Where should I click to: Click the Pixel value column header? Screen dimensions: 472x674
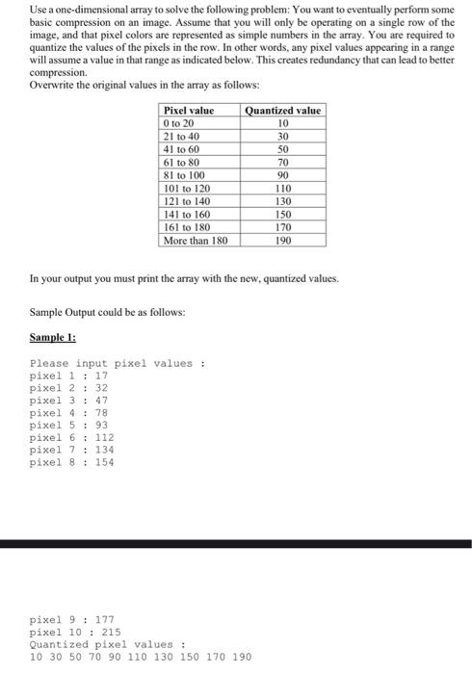coord(189,111)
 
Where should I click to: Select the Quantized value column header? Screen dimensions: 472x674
coord(283,111)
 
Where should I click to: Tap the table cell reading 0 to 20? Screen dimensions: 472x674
coord(179,124)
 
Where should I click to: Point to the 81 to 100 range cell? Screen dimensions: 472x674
coord(186,175)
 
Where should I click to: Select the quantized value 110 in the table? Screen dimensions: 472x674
coord(283,188)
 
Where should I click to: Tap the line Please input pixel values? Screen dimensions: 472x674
coord(118,363)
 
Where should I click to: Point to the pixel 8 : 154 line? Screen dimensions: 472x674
coord(72,461)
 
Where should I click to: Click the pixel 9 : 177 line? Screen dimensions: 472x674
coord(72,620)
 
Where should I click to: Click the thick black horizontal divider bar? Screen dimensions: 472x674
coord(236,545)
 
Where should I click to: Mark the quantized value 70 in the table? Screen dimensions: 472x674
coord(283,163)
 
